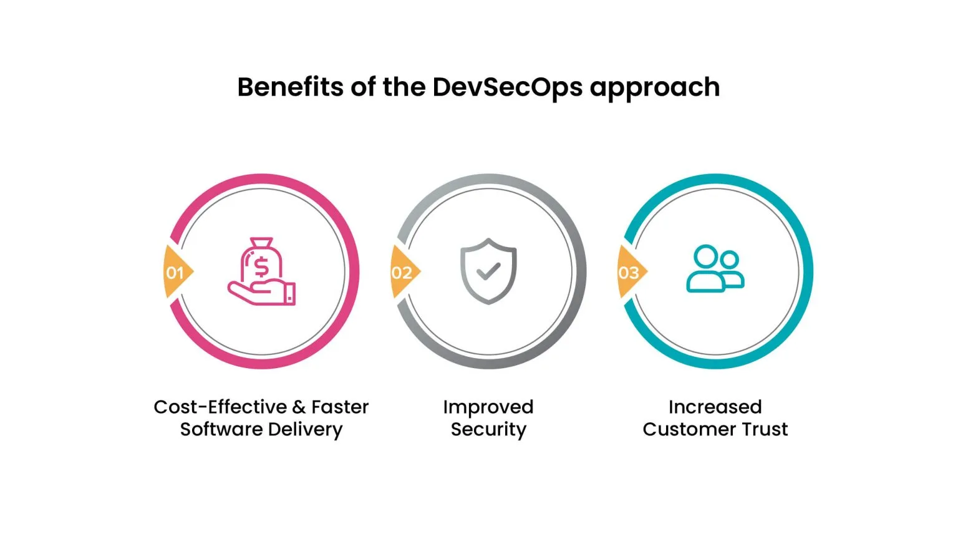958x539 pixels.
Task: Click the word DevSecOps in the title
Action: click(x=507, y=87)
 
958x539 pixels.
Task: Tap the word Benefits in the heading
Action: click(x=290, y=87)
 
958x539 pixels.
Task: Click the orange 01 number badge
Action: click(x=176, y=273)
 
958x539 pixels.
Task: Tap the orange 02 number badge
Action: click(x=403, y=273)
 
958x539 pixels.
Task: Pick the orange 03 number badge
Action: click(x=630, y=273)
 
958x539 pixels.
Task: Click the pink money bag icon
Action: click(x=262, y=271)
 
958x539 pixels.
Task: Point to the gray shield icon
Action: click(x=488, y=271)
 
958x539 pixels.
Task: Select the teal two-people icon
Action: click(x=715, y=269)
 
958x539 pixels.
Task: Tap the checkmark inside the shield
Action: click(x=488, y=271)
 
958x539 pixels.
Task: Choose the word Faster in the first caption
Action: click(x=340, y=407)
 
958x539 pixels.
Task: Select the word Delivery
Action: click(x=306, y=430)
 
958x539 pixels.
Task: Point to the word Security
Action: click(x=488, y=430)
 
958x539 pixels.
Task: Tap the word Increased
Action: click(x=715, y=407)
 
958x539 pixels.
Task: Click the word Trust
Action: click(x=765, y=430)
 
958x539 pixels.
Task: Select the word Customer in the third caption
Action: click(x=689, y=430)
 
